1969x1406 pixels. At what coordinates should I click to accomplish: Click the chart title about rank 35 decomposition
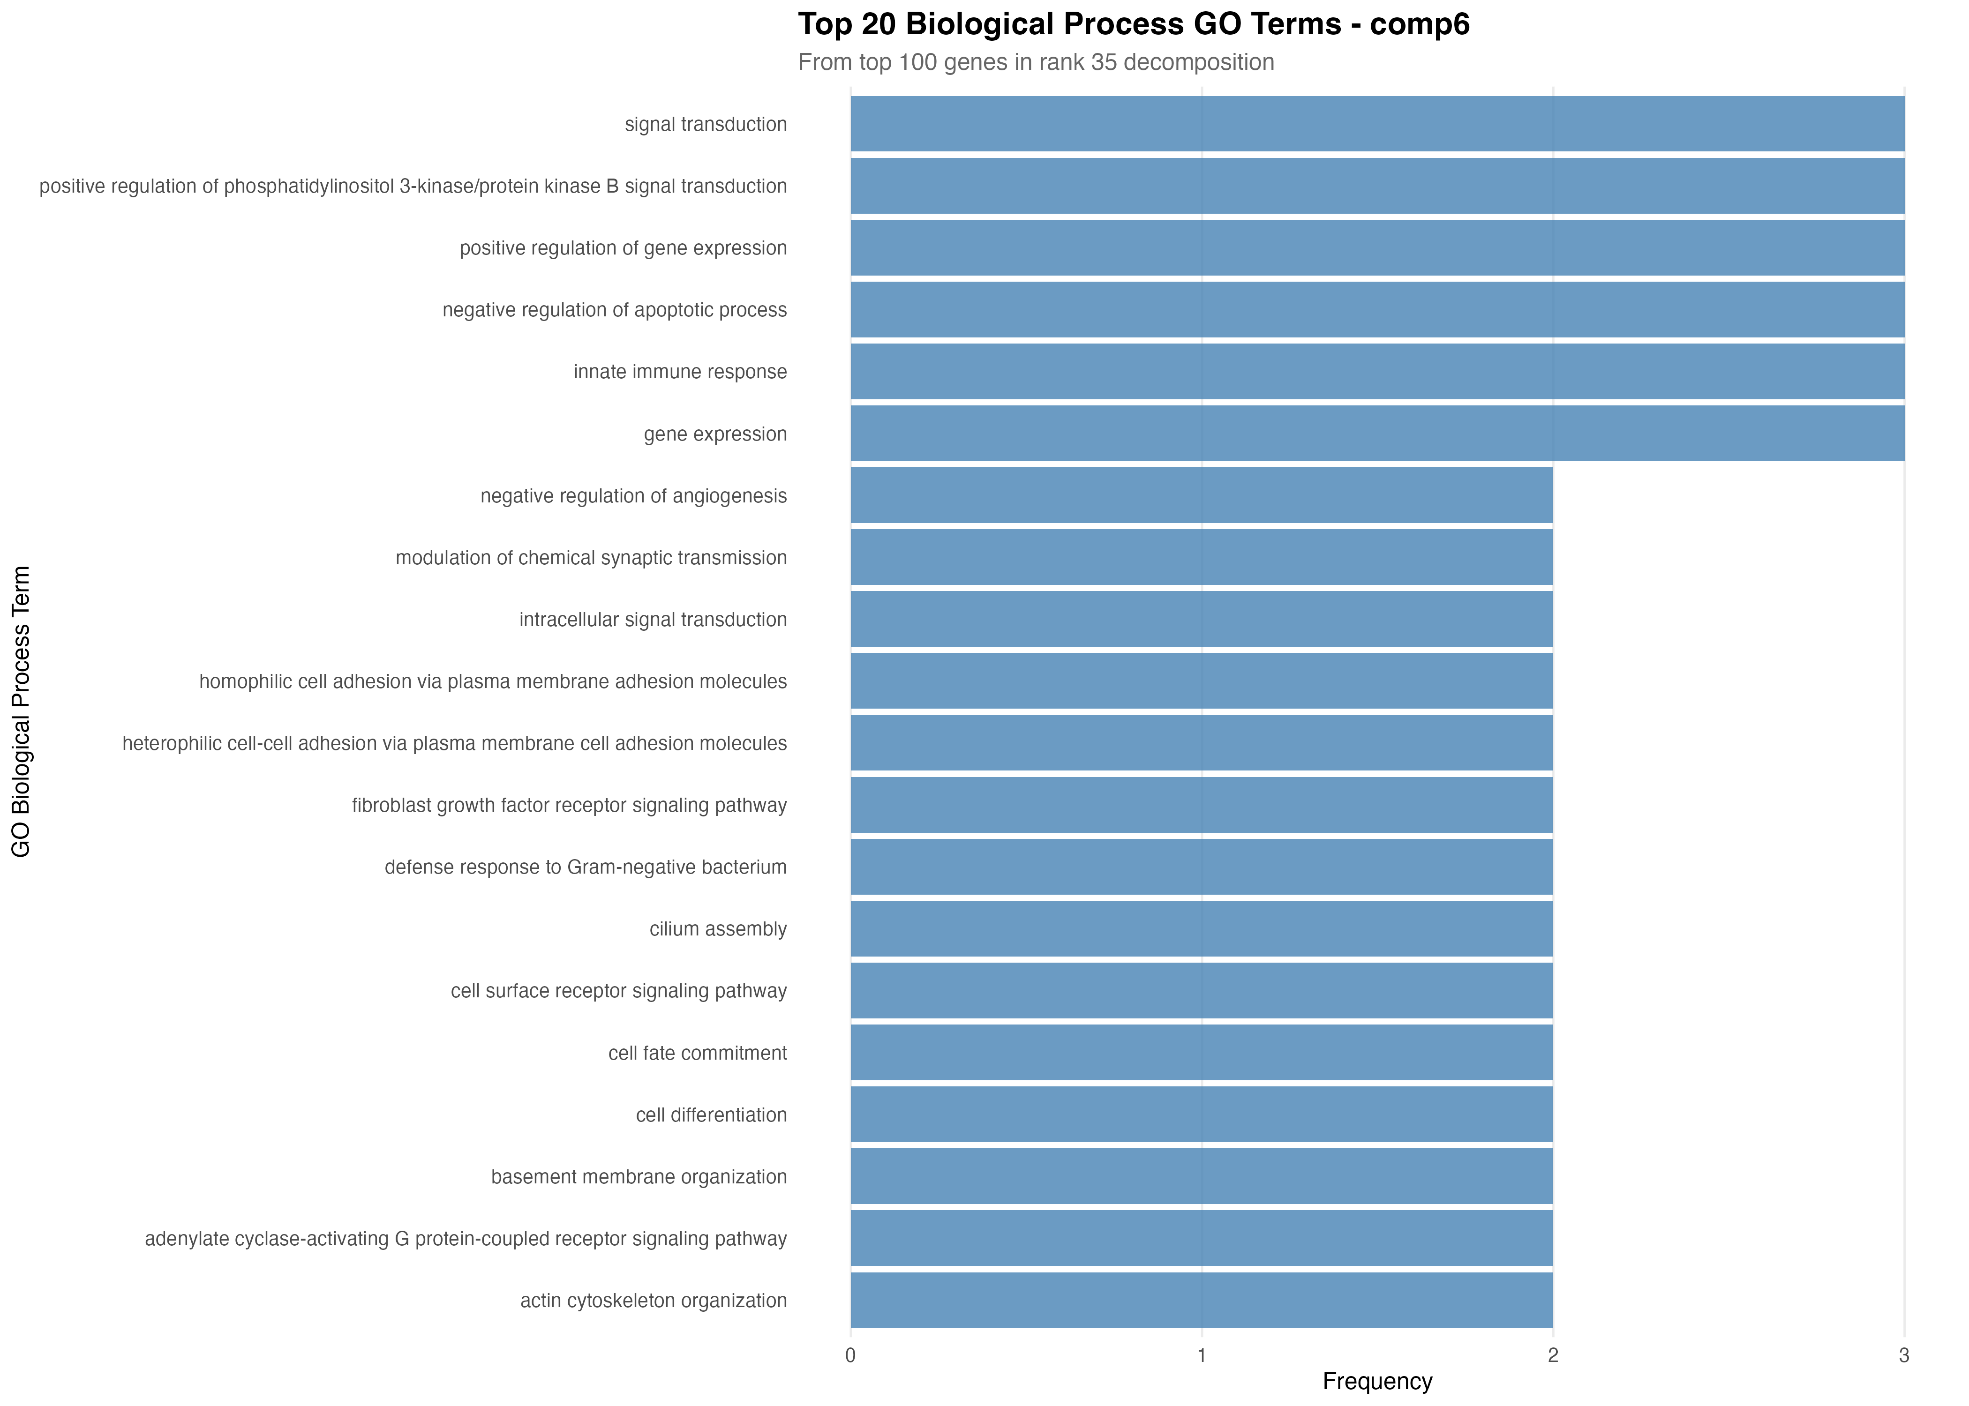coord(1036,62)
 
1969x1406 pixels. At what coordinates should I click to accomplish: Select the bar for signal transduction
coord(1377,124)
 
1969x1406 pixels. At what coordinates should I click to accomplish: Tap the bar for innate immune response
coord(1377,371)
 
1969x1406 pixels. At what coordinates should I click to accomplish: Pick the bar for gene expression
coord(1377,434)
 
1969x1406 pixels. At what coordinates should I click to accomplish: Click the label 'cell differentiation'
coord(711,1115)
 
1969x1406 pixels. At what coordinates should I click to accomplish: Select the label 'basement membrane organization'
coord(639,1176)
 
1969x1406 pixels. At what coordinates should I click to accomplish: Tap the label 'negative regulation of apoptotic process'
coord(615,310)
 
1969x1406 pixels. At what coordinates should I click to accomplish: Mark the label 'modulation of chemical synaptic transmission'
coord(591,558)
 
